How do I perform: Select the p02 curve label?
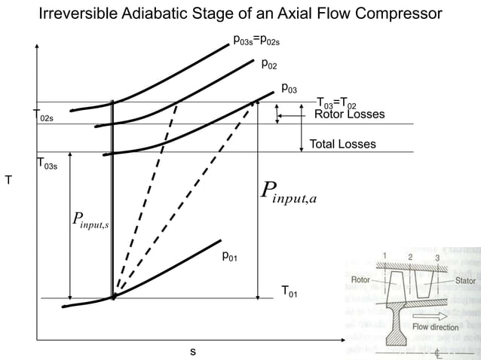tap(269, 65)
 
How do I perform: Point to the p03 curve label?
tap(289, 89)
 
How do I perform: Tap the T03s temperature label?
tap(46, 164)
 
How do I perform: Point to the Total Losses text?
tap(342, 144)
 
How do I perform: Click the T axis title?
tap(8, 181)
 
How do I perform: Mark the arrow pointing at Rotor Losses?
tap(287, 114)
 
